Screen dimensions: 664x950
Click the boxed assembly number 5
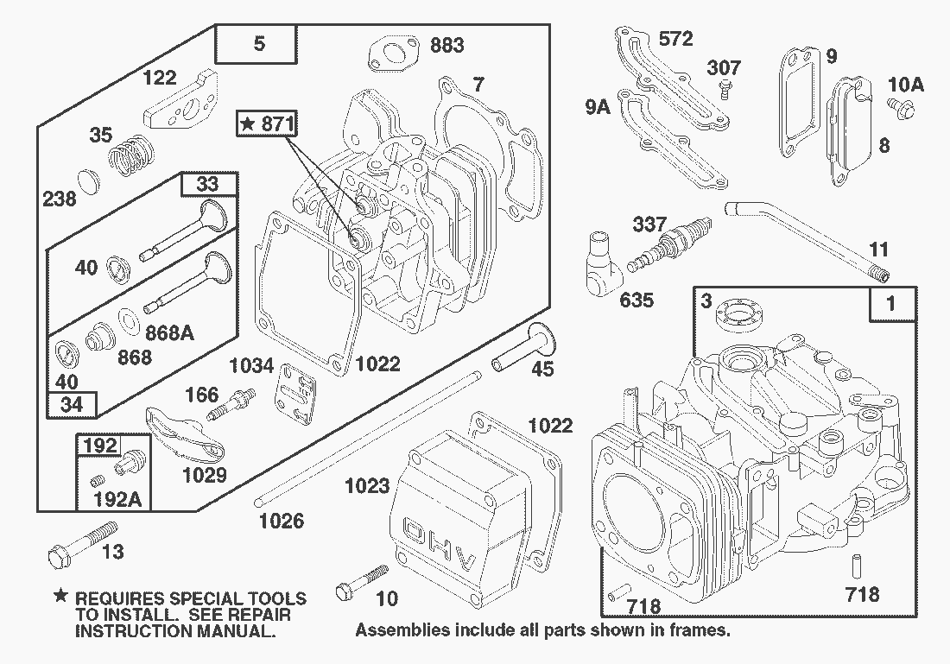(x=256, y=44)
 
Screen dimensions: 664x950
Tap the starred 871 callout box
(x=267, y=124)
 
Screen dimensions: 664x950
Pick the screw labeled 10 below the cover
(x=361, y=582)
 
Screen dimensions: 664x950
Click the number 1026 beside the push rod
(x=282, y=520)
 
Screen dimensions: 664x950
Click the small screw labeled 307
(x=726, y=86)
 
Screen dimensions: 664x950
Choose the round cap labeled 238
(x=89, y=182)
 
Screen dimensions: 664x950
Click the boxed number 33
(x=207, y=184)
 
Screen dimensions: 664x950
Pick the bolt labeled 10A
(x=902, y=107)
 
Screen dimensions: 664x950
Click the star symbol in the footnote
(x=60, y=596)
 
